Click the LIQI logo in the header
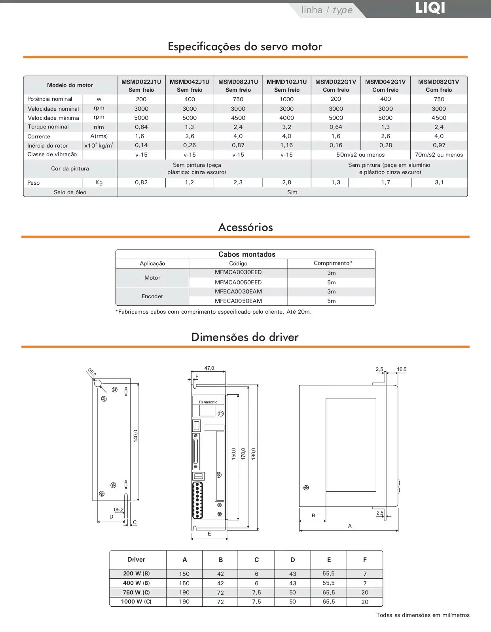pyautogui.click(x=430, y=8)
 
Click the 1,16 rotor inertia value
pyautogui.click(x=286, y=145)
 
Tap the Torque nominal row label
pyautogui.click(x=48, y=127)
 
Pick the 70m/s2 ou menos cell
pyautogui.click(x=439, y=155)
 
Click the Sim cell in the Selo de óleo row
pyautogui.click(x=292, y=192)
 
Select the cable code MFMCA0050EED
pyautogui.click(x=238, y=282)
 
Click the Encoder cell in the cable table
pyautogui.click(x=152, y=296)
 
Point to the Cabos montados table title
pyautogui.click(x=246, y=254)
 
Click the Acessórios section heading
pyautogui.click(x=245, y=227)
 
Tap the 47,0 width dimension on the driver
pyautogui.click(x=209, y=368)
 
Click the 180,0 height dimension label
pyautogui.click(x=254, y=454)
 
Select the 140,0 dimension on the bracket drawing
pyautogui.click(x=135, y=436)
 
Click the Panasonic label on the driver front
pyautogui.click(x=208, y=402)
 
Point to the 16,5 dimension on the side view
pyautogui.click(x=402, y=369)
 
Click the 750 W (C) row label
pyautogui.click(x=136, y=592)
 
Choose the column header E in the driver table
pyautogui.click(x=329, y=560)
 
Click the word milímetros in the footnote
pyautogui.click(x=456, y=615)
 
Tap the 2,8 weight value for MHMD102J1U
pyautogui.click(x=286, y=182)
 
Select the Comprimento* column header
pyautogui.click(x=333, y=263)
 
